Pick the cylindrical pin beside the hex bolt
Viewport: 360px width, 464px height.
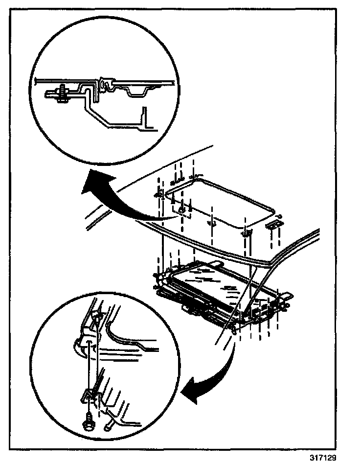pos(108,425)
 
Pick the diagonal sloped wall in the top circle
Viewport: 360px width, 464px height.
pos(100,115)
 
